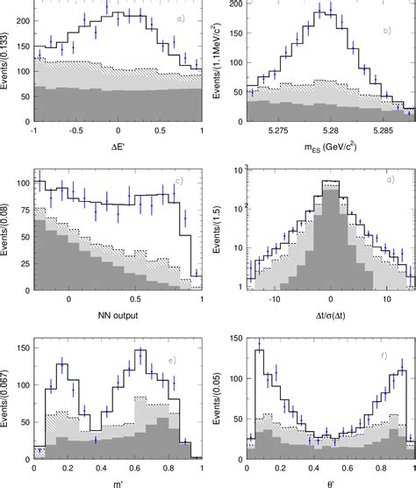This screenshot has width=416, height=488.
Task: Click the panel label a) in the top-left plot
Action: coord(180,19)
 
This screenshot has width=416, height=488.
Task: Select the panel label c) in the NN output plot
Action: coord(178,182)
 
